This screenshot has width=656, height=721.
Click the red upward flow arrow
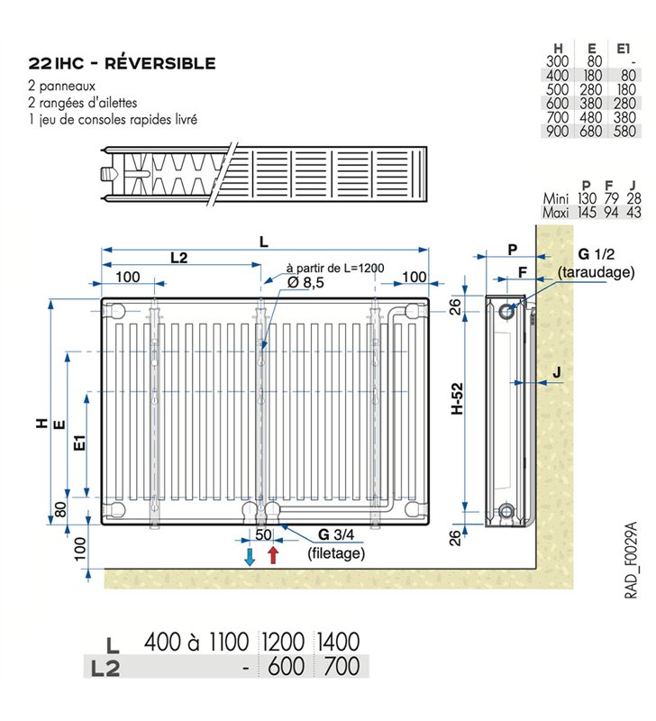[x=274, y=555]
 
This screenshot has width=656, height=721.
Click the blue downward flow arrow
[x=250, y=556]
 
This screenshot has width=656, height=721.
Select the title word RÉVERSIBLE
[x=160, y=63]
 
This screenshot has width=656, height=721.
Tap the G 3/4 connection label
[x=336, y=534]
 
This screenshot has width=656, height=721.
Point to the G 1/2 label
[x=596, y=254]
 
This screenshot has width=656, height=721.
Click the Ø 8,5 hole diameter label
[x=305, y=282]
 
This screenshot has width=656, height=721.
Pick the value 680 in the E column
[x=591, y=131]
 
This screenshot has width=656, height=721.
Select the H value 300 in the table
[x=557, y=61]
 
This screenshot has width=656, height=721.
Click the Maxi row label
[x=556, y=213]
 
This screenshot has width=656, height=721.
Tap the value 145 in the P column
[x=587, y=213]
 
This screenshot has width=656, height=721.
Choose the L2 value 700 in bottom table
[x=342, y=666]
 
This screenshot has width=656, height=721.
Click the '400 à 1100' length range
[x=196, y=642]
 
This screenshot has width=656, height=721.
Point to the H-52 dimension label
[x=457, y=398]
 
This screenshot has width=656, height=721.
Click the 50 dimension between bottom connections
[x=263, y=534]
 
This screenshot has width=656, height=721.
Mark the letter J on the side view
[x=557, y=372]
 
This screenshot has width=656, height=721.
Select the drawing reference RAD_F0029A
[x=631, y=560]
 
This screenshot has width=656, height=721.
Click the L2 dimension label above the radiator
[x=178, y=258]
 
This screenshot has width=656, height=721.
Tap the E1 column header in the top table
[x=624, y=49]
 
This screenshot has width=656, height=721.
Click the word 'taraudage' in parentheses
[x=596, y=272]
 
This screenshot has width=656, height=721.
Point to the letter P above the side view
[x=513, y=250]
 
